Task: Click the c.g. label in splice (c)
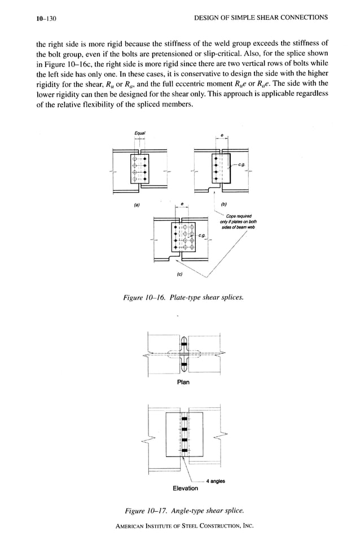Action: point(201,234)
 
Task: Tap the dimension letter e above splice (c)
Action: point(181,204)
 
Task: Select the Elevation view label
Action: point(185,488)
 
